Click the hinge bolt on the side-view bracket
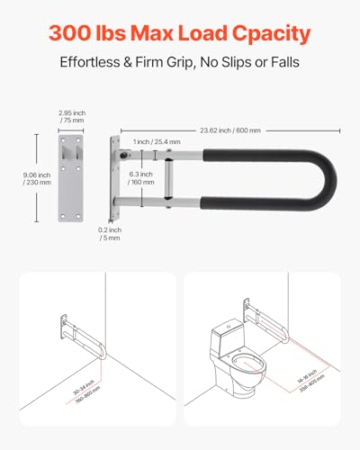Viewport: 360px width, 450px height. coord(122,154)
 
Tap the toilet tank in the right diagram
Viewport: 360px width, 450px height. coord(226,342)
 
